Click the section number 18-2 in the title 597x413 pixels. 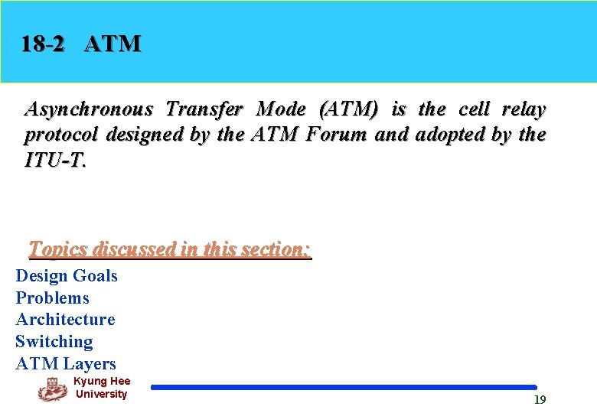[x=44, y=44]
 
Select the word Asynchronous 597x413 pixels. [x=89, y=110]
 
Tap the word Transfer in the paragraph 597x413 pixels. [x=204, y=109]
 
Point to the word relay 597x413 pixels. [x=524, y=109]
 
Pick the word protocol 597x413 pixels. [x=63, y=135]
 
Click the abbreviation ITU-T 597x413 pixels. [x=55, y=161]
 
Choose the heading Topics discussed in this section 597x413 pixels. [x=170, y=249]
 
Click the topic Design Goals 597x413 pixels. [x=67, y=276]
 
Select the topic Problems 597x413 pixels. [x=52, y=298]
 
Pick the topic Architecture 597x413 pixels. [x=65, y=320]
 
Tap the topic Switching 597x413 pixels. [x=54, y=342]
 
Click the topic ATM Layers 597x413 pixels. [x=66, y=364]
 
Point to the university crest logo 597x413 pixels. [x=52, y=389]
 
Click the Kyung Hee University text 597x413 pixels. [x=102, y=388]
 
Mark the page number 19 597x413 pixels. [x=540, y=400]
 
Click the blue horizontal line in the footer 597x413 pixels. [x=344, y=388]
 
